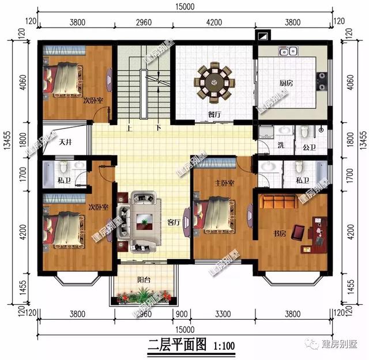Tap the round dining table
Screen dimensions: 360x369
pyautogui.click(x=214, y=82)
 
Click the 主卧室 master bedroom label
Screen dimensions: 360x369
pyautogui.click(x=224, y=183)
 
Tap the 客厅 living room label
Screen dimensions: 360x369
pyautogui.click(x=174, y=221)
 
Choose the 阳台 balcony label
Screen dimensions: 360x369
pyautogui.click(x=144, y=280)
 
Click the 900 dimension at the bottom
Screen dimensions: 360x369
pyautogui.click(x=180, y=313)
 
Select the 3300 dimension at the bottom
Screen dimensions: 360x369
pyautogui.click(x=219, y=313)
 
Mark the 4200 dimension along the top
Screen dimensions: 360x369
pyautogui.click(x=213, y=24)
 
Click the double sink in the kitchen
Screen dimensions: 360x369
pyautogui.click(x=287, y=52)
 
